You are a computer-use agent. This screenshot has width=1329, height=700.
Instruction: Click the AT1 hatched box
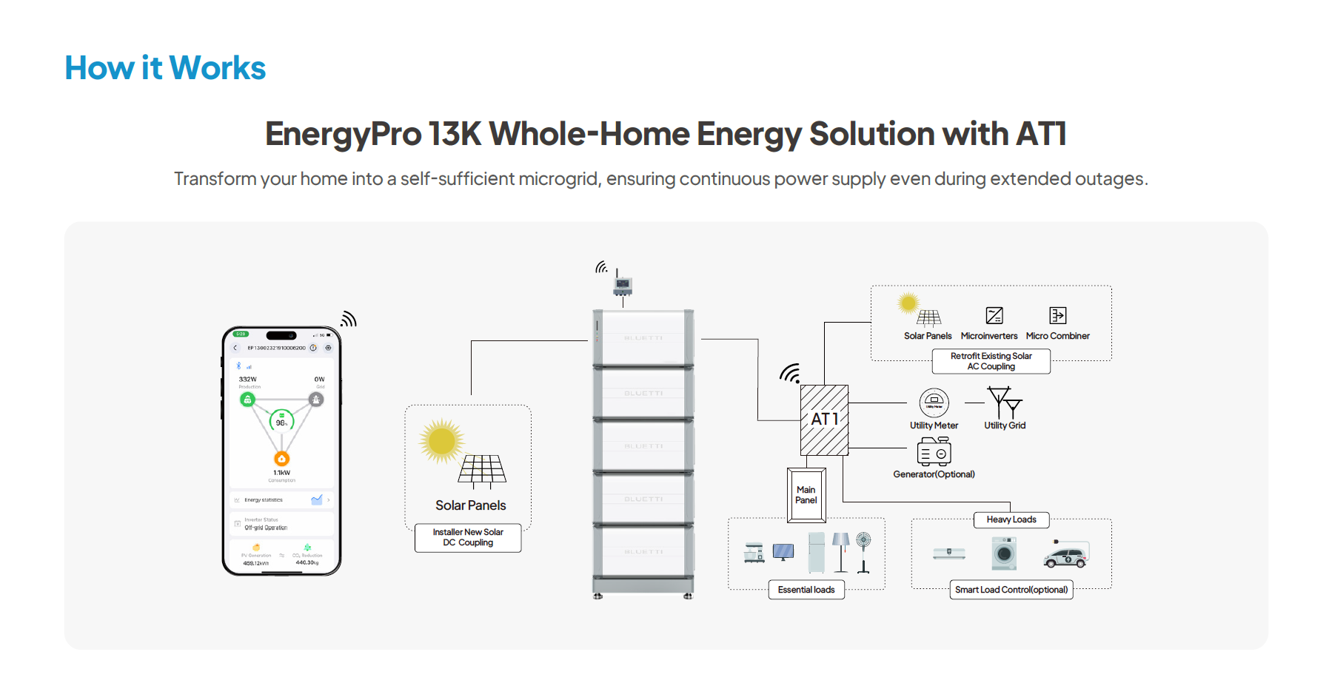click(824, 420)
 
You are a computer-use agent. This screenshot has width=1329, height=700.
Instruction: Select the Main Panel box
click(806, 495)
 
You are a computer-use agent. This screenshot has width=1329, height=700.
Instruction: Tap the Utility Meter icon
click(934, 403)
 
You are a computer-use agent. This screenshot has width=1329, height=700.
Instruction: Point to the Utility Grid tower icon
click(1005, 403)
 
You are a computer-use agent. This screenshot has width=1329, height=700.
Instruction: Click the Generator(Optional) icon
click(934, 451)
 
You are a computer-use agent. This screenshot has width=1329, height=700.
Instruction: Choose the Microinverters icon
click(994, 315)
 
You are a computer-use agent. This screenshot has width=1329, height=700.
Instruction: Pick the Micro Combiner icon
click(1058, 315)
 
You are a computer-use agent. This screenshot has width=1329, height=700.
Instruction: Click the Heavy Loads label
click(1011, 519)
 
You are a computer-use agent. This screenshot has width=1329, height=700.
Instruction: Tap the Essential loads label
click(806, 590)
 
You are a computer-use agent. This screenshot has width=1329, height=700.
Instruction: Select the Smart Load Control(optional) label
click(1011, 590)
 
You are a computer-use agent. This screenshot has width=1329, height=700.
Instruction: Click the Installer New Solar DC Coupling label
click(468, 537)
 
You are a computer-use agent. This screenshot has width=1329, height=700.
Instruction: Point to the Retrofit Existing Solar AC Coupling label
click(991, 361)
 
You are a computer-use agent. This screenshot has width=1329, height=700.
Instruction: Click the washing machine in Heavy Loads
click(1004, 553)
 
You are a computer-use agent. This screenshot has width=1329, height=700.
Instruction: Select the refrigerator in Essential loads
click(817, 552)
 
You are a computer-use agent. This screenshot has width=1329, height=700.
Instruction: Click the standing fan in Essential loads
click(863, 552)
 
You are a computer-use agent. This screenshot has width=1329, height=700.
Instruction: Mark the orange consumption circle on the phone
click(282, 459)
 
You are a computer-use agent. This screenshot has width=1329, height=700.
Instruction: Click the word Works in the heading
click(217, 68)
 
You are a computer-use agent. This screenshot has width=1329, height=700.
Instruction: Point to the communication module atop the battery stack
click(623, 284)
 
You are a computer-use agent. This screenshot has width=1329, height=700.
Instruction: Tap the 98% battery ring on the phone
click(281, 422)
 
